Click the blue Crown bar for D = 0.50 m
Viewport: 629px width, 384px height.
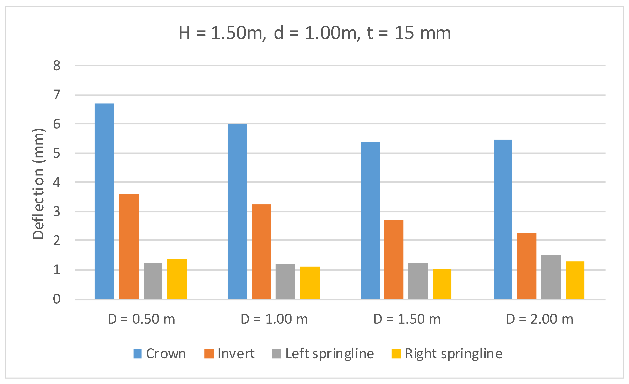pyautogui.click(x=104, y=201)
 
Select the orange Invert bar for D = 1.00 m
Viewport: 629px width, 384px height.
pyautogui.click(x=261, y=252)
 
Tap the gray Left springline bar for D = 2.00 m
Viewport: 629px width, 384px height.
pyautogui.click(x=551, y=277)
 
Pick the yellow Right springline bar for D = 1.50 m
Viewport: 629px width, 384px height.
pyautogui.click(x=442, y=284)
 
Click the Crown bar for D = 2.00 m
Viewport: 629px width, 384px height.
pyautogui.click(x=502, y=219)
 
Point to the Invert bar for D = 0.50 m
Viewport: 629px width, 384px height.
pyautogui.click(x=129, y=246)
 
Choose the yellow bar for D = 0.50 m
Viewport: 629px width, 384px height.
pyautogui.click(x=177, y=279)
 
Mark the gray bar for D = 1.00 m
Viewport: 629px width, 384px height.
pyautogui.click(x=285, y=281)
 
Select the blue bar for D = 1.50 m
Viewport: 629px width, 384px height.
pyautogui.click(x=370, y=221)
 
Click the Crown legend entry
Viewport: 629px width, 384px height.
pyautogui.click(x=160, y=354)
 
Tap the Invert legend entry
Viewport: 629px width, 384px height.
pyautogui.click(x=229, y=354)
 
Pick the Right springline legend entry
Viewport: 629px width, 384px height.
pyautogui.click(x=447, y=354)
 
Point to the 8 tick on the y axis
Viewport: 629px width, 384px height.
pyautogui.click(x=57, y=66)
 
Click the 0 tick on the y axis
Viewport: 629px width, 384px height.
pyautogui.click(x=57, y=299)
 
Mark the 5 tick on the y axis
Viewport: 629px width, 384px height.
pyautogui.click(x=57, y=153)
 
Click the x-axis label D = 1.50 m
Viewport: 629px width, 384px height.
pyautogui.click(x=407, y=319)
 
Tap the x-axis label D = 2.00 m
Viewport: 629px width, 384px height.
pyautogui.click(x=540, y=319)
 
